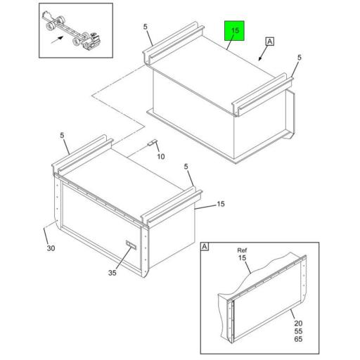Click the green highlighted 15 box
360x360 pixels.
pyautogui.click(x=235, y=32)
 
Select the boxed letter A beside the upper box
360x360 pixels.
pyautogui.click(x=270, y=41)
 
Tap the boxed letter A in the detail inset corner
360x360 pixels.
pyautogui.click(x=205, y=247)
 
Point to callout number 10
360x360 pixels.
pyautogui.click(x=160, y=156)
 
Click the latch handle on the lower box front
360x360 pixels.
pyautogui.click(x=129, y=245)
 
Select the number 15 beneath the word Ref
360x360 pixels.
pyautogui.click(x=243, y=259)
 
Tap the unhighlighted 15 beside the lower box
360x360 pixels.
pyautogui.click(x=221, y=205)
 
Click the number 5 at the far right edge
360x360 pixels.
pyautogui.click(x=299, y=58)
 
